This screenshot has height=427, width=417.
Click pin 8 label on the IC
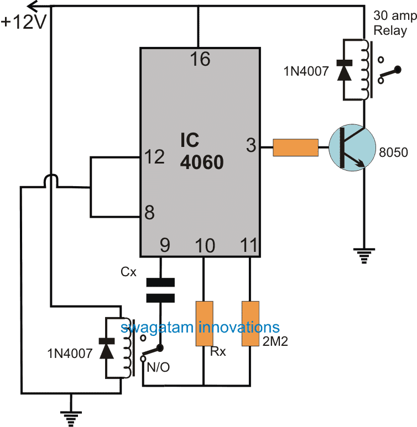pyautogui.click(x=149, y=212)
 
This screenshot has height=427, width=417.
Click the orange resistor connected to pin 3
pyautogui.click(x=296, y=147)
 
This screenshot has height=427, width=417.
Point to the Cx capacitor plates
pyautogui.click(x=160, y=291)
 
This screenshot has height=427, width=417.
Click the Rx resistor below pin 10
pyautogui.click(x=204, y=324)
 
